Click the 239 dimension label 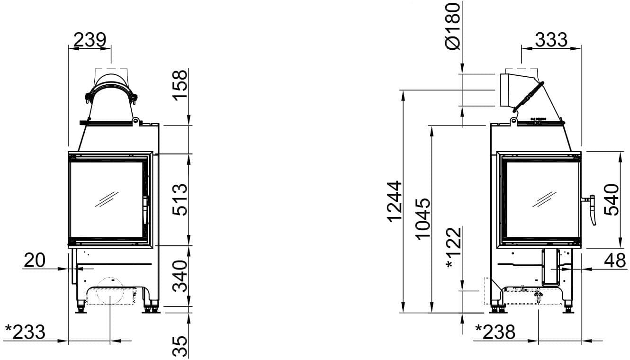[x=90, y=40]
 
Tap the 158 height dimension [x=180, y=85]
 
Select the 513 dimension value [x=180, y=200]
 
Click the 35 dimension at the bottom [x=180, y=346]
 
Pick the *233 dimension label [x=25, y=332]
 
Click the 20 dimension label [x=35, y=260]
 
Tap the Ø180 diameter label [x=453, y=26]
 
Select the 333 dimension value [x=551, y=40]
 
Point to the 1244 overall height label [x=394, y=201]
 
